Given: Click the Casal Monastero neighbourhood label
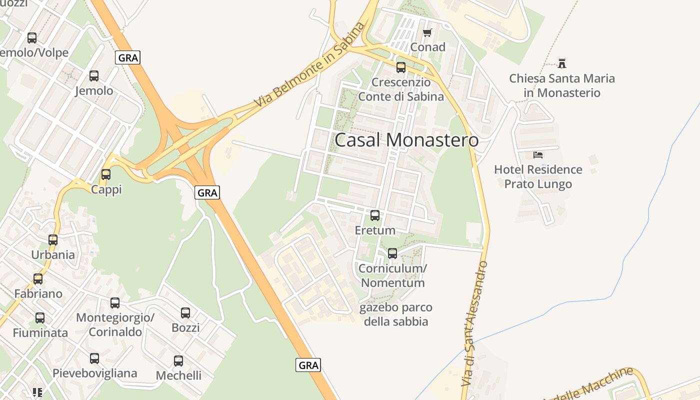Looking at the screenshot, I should pos(406,140).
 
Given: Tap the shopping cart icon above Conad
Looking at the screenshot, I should pos(427,33).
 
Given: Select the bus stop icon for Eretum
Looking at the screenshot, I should pos(374,215).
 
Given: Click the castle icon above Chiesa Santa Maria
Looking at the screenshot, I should pos(562,63).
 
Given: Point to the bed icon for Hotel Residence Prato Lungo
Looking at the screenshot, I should pos(538,154).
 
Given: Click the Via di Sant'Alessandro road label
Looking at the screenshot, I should pos(474,322).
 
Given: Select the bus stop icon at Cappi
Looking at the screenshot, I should pos(106,174).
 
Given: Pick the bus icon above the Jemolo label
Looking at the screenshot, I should pos(94,76).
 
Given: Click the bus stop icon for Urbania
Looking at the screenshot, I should pos(53,240).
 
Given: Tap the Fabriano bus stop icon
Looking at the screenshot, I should pos(38,279).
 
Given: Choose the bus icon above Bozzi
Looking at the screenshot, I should pos(185,313).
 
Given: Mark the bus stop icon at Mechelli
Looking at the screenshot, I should pos(178,361).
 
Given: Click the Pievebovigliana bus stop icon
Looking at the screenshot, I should pos(94,358).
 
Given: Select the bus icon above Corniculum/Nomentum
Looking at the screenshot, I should pos(392,253).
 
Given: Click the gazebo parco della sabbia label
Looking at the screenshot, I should pos(395,314).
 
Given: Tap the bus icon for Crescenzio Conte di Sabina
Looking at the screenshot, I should pos(401,67).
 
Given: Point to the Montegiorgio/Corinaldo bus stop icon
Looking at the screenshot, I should pos(115,303).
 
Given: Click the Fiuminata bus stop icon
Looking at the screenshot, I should pos(40,318).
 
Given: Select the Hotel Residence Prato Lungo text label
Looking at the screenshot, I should pos(538,177).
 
